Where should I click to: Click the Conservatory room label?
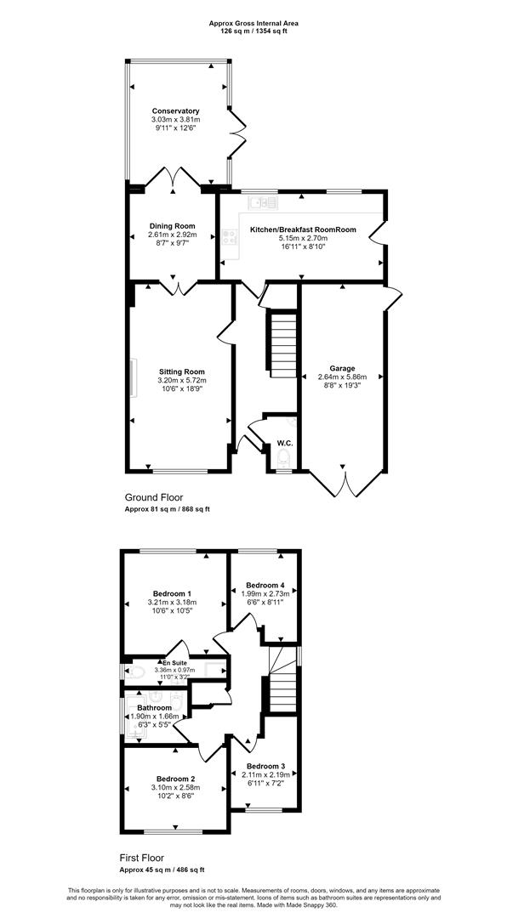point(176,110)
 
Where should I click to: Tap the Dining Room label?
point(173,226)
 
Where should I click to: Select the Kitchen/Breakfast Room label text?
point(304,230)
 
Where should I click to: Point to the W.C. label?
point(285,443)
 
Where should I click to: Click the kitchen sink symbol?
point(263,202)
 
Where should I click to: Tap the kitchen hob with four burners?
point(229,236)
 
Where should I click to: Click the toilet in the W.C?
point(285,457)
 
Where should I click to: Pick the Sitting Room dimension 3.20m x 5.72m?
point(182,381)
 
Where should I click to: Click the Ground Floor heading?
point(150,497)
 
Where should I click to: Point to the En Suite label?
point(174,663)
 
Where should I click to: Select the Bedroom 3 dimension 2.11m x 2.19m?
point(265,774)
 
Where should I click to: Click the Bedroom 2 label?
point(174,779)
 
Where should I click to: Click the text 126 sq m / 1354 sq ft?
point(253,31)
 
